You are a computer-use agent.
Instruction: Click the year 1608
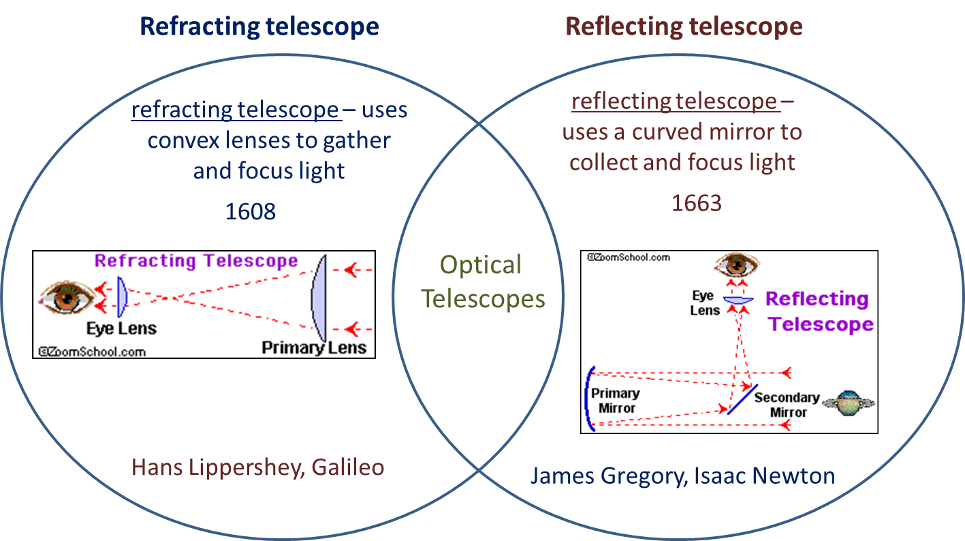tap(251, 211)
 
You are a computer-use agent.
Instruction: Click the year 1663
tap(697, 203)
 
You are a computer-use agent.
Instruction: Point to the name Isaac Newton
tap(763, 475)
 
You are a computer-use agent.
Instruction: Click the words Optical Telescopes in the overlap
tap(482, 281)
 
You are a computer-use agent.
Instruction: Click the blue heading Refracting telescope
tap(259, 27)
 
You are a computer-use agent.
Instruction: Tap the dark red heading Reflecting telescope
tap(684, 27)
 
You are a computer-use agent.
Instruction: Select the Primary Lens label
tap(314, 348)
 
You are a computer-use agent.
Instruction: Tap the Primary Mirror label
tap(615, 401)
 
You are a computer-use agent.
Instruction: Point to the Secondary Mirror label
tap(787, 405)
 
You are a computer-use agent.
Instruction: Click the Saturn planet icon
tap(848, 403)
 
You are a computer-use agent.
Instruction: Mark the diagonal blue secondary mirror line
tap(742, 399)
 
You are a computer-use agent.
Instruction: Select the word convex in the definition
tap(180, 140)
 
